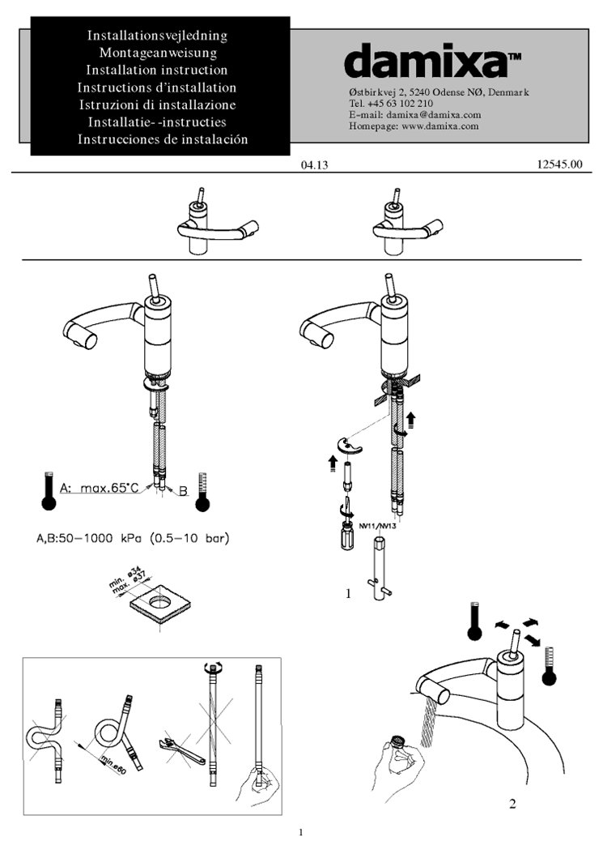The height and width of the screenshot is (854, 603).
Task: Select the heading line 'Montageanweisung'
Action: (x=159, y=53)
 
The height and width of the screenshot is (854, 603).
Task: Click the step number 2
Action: (x=512, y=804)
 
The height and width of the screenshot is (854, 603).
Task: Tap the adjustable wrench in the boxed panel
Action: (x=180, y=749)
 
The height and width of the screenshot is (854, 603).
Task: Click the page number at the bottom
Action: (x=300, y=832)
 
